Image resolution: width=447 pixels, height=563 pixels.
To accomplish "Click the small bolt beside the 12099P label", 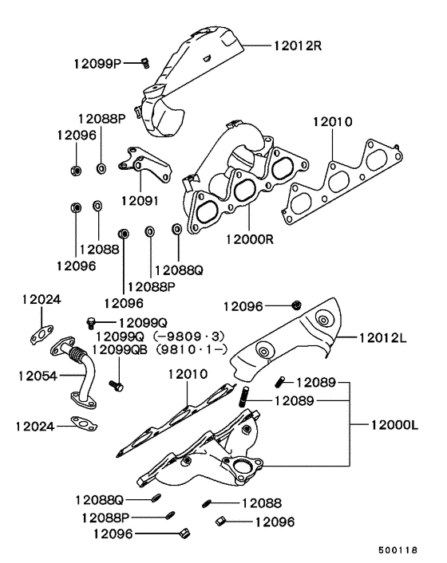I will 145,62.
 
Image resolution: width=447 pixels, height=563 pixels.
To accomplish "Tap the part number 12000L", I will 394,427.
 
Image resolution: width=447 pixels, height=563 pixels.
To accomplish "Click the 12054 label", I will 32,373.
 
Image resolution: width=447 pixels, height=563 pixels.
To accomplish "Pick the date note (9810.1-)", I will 192,349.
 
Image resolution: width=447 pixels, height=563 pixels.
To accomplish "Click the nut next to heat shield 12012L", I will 296,305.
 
